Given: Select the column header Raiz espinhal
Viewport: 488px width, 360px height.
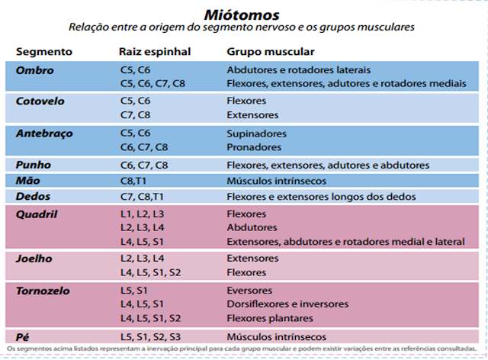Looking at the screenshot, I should (x=155, y=52).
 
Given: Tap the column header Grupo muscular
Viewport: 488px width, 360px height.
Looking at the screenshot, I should (x=270, y=52).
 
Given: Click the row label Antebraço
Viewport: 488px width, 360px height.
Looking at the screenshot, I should (x=44, y=133).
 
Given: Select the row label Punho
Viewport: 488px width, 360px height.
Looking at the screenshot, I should (x=34, y=165).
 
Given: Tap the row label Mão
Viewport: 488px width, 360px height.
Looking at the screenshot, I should (x=29, y=181).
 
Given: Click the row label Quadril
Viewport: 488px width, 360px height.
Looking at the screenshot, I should (x=37, y=214).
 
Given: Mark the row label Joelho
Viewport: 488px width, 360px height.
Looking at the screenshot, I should (x=34, y=259).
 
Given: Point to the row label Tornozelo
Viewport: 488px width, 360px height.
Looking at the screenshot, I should (x=43, y=291).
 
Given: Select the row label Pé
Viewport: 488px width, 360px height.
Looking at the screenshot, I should (x=23, y=336).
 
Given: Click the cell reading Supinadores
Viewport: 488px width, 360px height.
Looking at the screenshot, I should (x=256, y=133).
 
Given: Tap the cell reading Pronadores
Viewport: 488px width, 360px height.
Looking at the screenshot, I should (x=254, y=147).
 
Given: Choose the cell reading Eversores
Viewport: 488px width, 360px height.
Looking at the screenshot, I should (x=249, y=291).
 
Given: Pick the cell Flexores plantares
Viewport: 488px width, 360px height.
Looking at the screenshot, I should (x=270, y=318).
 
